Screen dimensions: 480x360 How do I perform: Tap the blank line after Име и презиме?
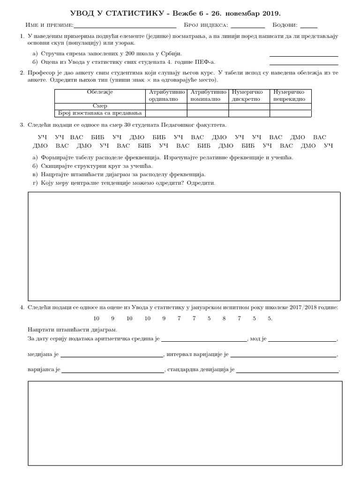[125, 26]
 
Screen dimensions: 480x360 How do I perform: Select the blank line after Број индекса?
[247, 26]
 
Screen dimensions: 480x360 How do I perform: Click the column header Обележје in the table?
[100, 92]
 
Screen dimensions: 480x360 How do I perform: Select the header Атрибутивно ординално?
[166, 96]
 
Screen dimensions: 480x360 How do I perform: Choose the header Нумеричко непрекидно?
[290, 96]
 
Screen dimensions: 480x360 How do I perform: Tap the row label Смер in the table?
[100, 106]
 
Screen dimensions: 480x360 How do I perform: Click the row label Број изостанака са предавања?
[100, 113]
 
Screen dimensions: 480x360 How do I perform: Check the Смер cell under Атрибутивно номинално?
[208, 106]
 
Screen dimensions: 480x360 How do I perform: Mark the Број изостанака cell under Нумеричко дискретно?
[249, 113]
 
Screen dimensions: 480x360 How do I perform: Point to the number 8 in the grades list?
[224, 319]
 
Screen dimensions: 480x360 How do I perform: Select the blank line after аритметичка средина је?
[204, 339]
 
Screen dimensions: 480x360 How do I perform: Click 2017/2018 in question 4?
[294, 307]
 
